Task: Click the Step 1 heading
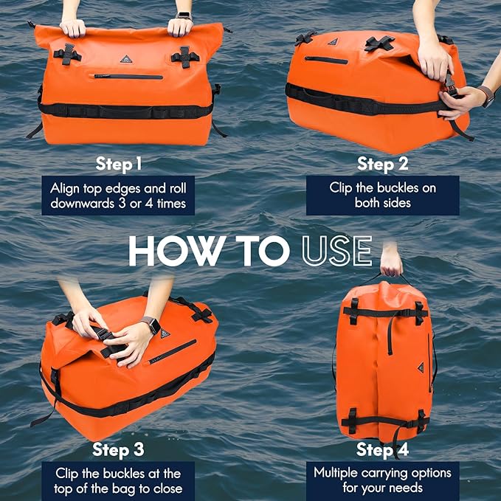tap(122, 162)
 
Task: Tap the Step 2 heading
tap(382, 162)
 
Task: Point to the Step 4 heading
tap(381, 449)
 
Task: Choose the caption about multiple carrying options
tap(381, 480)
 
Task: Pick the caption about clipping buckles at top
tap(118, 480)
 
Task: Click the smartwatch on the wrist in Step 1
tap(183, 15)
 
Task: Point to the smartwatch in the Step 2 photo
tap(486, 96)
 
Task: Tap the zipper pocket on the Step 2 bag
tap(325, 60)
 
